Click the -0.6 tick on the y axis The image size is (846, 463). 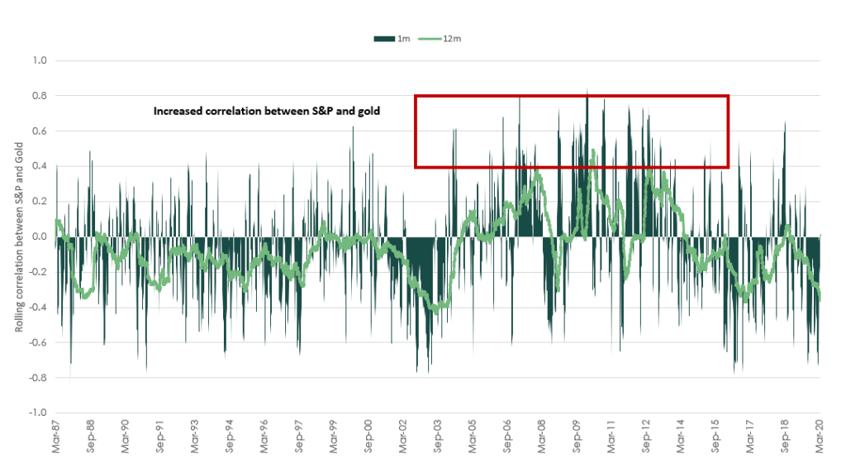point(40,343)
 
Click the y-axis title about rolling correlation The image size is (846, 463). point(18,237)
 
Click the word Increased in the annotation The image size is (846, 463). point(178,111)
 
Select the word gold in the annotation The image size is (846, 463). point(368,111)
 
